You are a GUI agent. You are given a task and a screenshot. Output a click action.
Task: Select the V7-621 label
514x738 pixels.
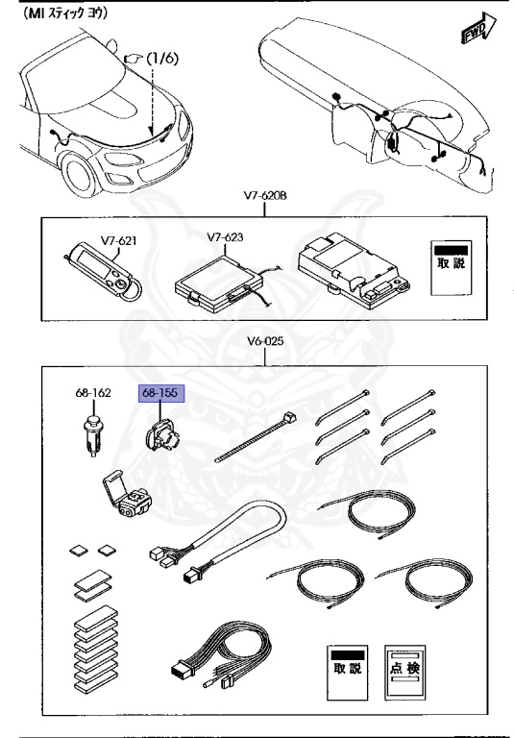113,239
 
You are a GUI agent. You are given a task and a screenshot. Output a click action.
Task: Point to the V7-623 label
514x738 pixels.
223,235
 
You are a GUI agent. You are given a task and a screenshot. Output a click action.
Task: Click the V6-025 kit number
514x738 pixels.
262,340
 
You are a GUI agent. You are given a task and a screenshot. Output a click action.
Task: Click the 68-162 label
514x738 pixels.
92,393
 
